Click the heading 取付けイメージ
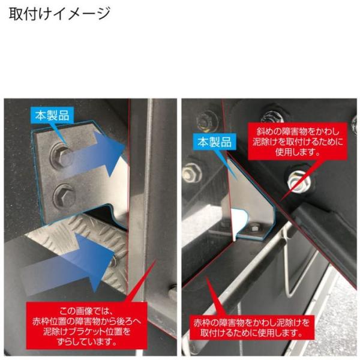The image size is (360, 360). click(x=59, y=14)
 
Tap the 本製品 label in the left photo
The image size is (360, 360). click(x=52, y=115)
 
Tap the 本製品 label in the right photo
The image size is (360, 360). click(x=214, y=142)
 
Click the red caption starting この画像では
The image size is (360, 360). click(x=86, y=326)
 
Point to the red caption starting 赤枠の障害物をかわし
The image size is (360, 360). click(x=251, y=328)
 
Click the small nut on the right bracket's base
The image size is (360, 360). click(x=254, y=229)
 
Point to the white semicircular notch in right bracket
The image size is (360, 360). click(x=239, y=218)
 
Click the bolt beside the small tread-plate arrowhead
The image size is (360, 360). click(x=113, y=262)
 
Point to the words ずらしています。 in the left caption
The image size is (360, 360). click(x=86, y=342)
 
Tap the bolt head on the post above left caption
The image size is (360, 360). click(x=173, y=292)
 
